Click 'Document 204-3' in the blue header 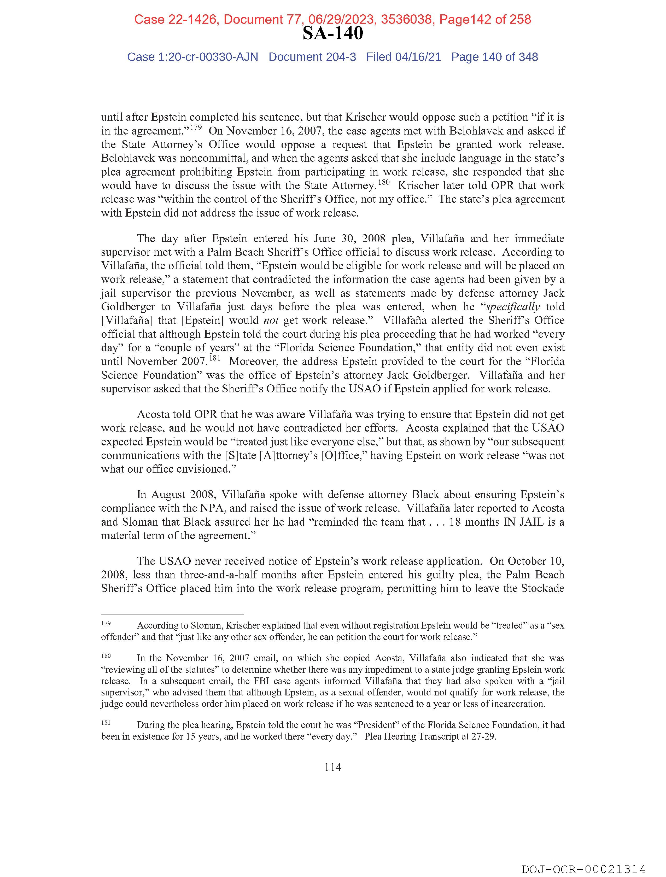[x=312, y=57]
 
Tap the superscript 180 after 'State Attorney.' [x=384, y=182]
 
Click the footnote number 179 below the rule [x=106, y=623]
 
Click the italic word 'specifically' [x=513, y=307]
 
